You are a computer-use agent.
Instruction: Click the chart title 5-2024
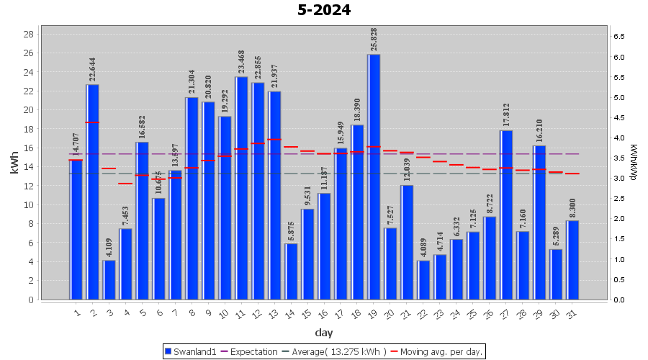point(324,10)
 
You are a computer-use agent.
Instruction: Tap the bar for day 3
point(109,279)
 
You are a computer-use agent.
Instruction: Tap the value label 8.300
point(572,208)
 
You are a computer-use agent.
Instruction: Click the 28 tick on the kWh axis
point(30,35)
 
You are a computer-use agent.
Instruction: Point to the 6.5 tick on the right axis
point(618,36)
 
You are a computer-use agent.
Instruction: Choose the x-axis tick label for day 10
point(224,313)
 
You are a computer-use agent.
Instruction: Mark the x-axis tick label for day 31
point(572,313)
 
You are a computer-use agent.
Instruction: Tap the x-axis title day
point(324,332)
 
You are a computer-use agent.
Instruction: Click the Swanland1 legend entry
point(192,352)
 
